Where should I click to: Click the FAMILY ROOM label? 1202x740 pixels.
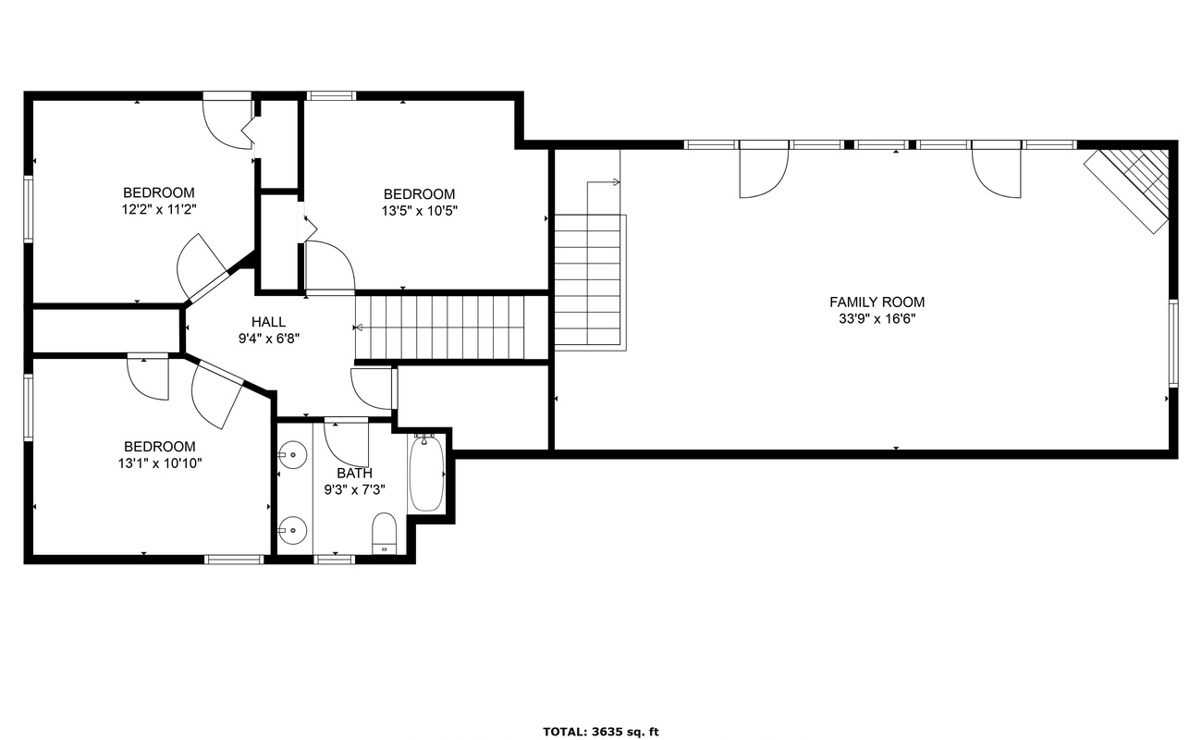877,302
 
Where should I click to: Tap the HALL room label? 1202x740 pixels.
268,322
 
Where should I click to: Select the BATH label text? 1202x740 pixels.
354,473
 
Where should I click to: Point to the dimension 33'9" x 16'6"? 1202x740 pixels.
877,319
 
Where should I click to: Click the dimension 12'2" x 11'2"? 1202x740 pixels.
159,209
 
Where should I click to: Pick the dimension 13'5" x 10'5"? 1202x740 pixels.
419,211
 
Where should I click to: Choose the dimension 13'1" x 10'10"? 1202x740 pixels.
160,463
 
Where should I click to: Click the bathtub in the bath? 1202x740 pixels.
426,473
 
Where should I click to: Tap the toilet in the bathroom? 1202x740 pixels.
385,533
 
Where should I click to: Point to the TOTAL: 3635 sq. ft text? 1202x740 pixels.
600,732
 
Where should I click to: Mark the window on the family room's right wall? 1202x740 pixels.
1173,343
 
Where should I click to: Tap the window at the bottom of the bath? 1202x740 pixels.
335,560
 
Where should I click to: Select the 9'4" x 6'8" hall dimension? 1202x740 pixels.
268,339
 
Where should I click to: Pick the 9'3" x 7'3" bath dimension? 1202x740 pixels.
354,490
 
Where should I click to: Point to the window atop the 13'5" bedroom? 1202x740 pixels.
331,96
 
